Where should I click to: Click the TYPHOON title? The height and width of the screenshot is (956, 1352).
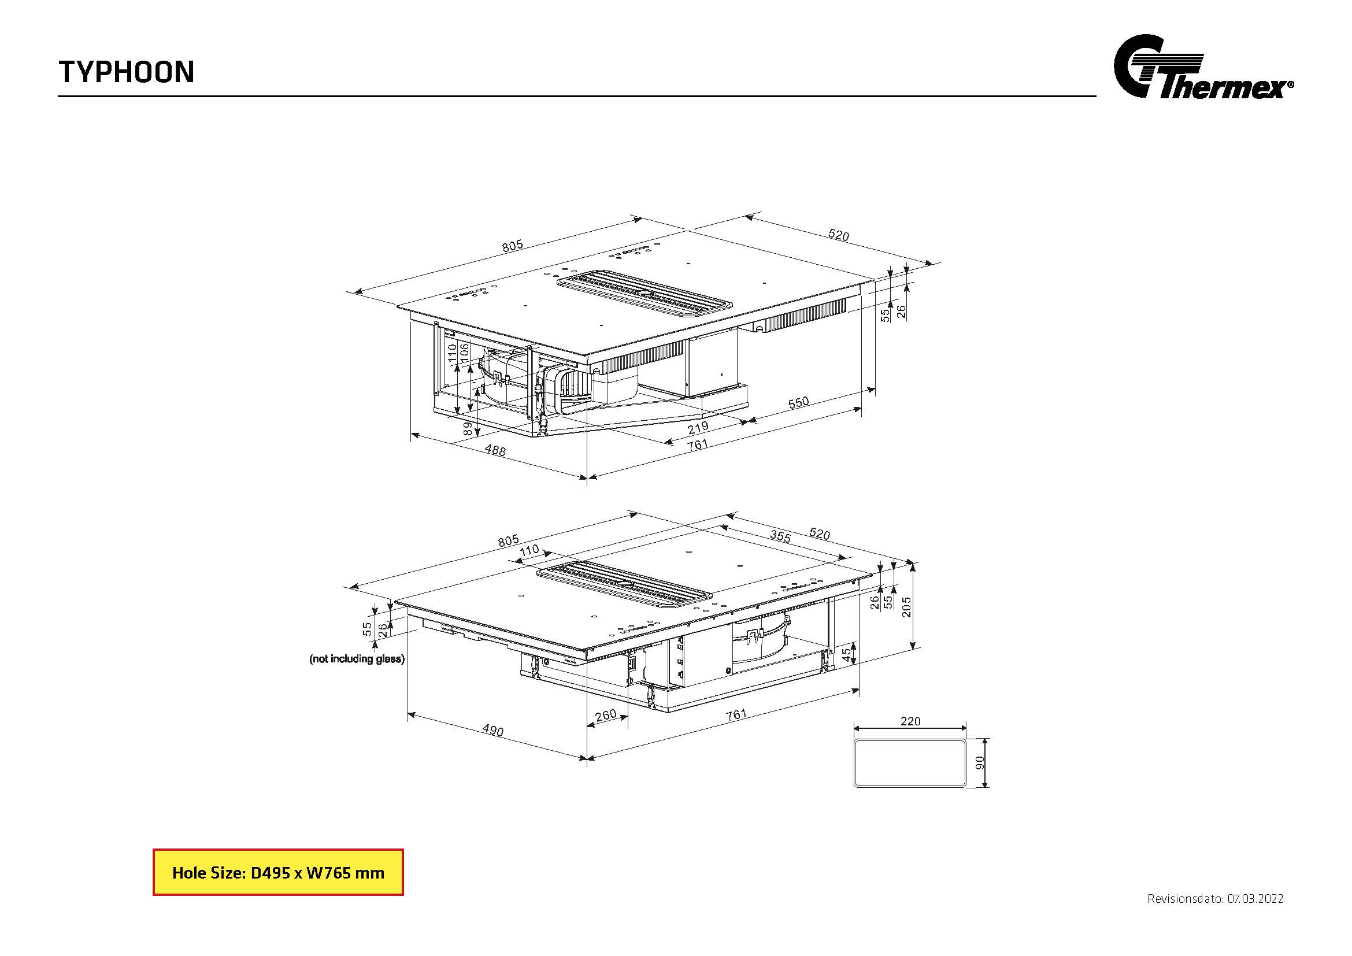coord(126,72)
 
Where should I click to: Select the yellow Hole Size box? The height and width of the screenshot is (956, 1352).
coord(278,872)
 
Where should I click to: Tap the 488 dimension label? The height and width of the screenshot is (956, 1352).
coord(495,450)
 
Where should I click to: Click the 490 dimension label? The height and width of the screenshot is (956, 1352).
coord(493,730)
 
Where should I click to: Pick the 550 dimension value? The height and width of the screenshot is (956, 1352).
coord(798,403)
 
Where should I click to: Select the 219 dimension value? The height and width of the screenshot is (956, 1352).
coord(698,427)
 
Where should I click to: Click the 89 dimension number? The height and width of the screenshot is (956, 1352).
coord(468,428)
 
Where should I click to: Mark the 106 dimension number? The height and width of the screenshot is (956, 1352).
coord(464,352)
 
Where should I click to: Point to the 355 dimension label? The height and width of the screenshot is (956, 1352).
coord(780,536)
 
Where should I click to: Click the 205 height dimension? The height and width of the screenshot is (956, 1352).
coord(906,607)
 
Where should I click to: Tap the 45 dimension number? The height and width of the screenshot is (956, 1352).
coord(846,654)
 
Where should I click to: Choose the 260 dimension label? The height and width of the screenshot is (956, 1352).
coord(605,715)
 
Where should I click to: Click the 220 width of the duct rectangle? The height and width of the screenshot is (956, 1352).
coord(910,721)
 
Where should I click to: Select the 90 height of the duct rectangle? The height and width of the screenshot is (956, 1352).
coord(980,763)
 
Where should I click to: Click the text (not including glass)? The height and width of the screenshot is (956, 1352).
coord(357,659)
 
